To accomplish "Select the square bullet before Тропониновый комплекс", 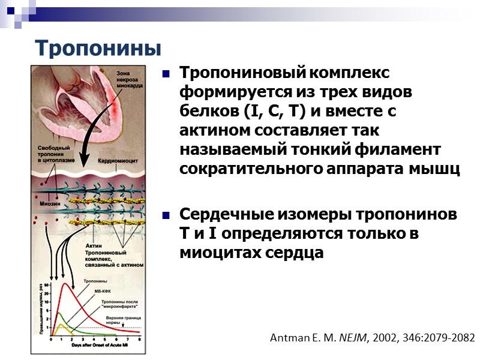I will [x=166, y=75].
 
